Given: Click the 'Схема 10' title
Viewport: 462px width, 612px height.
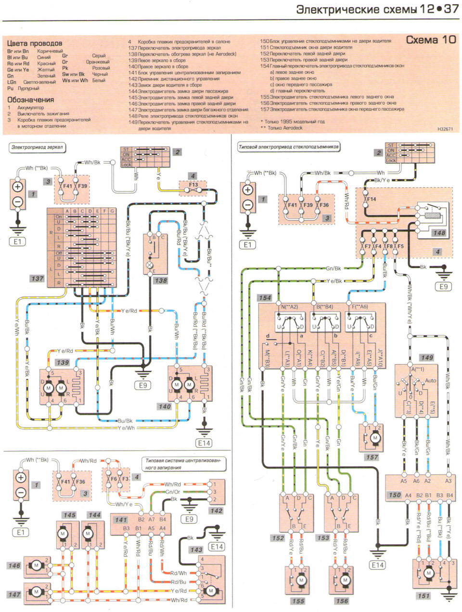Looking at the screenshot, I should tap(431, 40).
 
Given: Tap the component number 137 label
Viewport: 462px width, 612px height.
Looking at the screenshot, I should tap(37, 279).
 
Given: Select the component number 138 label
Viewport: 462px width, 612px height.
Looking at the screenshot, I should tap(160, 280).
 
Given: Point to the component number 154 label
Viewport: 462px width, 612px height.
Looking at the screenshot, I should tap(265, 298).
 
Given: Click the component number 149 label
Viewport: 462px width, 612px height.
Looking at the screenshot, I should tap(427, 358).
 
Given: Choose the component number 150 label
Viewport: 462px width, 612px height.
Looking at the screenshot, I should tap(395, 495).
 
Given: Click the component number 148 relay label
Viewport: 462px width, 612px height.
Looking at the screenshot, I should tap(439, 233).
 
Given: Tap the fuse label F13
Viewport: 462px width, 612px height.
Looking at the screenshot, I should tap(193, 185).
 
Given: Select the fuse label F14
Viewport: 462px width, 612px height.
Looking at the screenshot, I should tap(372, 199).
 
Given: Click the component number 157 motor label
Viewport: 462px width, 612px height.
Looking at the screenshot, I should tap(372, 457).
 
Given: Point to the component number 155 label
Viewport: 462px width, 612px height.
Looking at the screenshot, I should tap(298, 601).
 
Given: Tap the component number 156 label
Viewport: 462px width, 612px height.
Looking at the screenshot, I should tap(342, 601).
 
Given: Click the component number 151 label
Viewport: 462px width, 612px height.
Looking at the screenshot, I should tap(423, 596).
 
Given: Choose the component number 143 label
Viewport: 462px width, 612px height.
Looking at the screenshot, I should tap(196, 549).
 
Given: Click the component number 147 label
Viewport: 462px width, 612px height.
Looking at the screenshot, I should tap(14, 594).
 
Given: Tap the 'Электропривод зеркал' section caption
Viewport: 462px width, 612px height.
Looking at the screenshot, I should tap(38, 148).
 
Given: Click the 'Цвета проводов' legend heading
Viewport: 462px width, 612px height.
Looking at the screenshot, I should tap(35, 43).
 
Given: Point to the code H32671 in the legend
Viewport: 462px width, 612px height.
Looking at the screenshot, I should tap(446, 130).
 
